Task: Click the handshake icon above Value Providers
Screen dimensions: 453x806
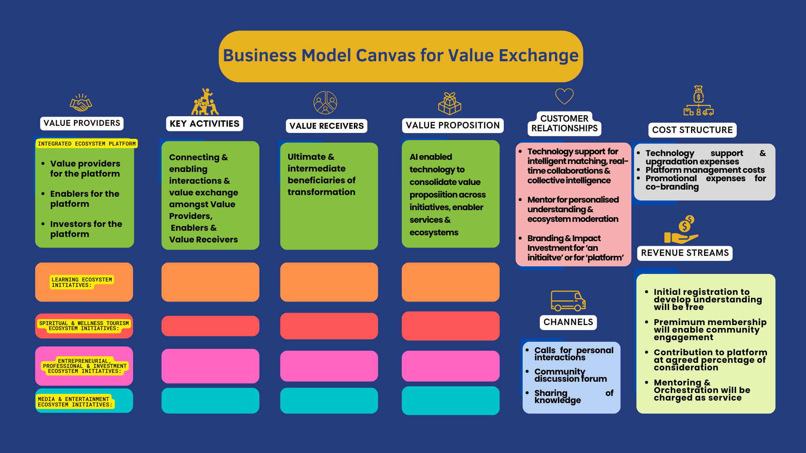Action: click(x=81, y=103)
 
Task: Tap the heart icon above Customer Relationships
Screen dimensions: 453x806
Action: click(x=564, y=96)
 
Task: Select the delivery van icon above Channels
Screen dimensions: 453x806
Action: click(x=568, y=301)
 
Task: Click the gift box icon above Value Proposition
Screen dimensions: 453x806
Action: click(x=450, y=104)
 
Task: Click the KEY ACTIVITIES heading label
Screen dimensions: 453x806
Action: click(x=204, y=124)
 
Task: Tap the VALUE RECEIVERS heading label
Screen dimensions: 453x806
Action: click(x=327, y=126)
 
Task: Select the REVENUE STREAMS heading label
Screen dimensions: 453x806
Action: click(x=685, y=253)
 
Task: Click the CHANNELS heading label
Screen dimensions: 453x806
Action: click(x=568, y=322)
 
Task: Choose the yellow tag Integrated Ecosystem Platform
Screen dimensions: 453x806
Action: click(x=87, y=144)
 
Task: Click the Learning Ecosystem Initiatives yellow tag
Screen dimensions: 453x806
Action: click(x=82, y=282)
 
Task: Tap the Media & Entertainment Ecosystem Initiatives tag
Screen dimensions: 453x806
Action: click(x=75, y=402)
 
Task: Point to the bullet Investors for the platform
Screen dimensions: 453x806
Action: click(x=86, y=229)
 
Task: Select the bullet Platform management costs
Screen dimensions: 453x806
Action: click(x=705, y=170)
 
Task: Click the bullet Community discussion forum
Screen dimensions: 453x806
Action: click(x=570, y=375)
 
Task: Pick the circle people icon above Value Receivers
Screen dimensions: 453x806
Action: click(x=325, y=103)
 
